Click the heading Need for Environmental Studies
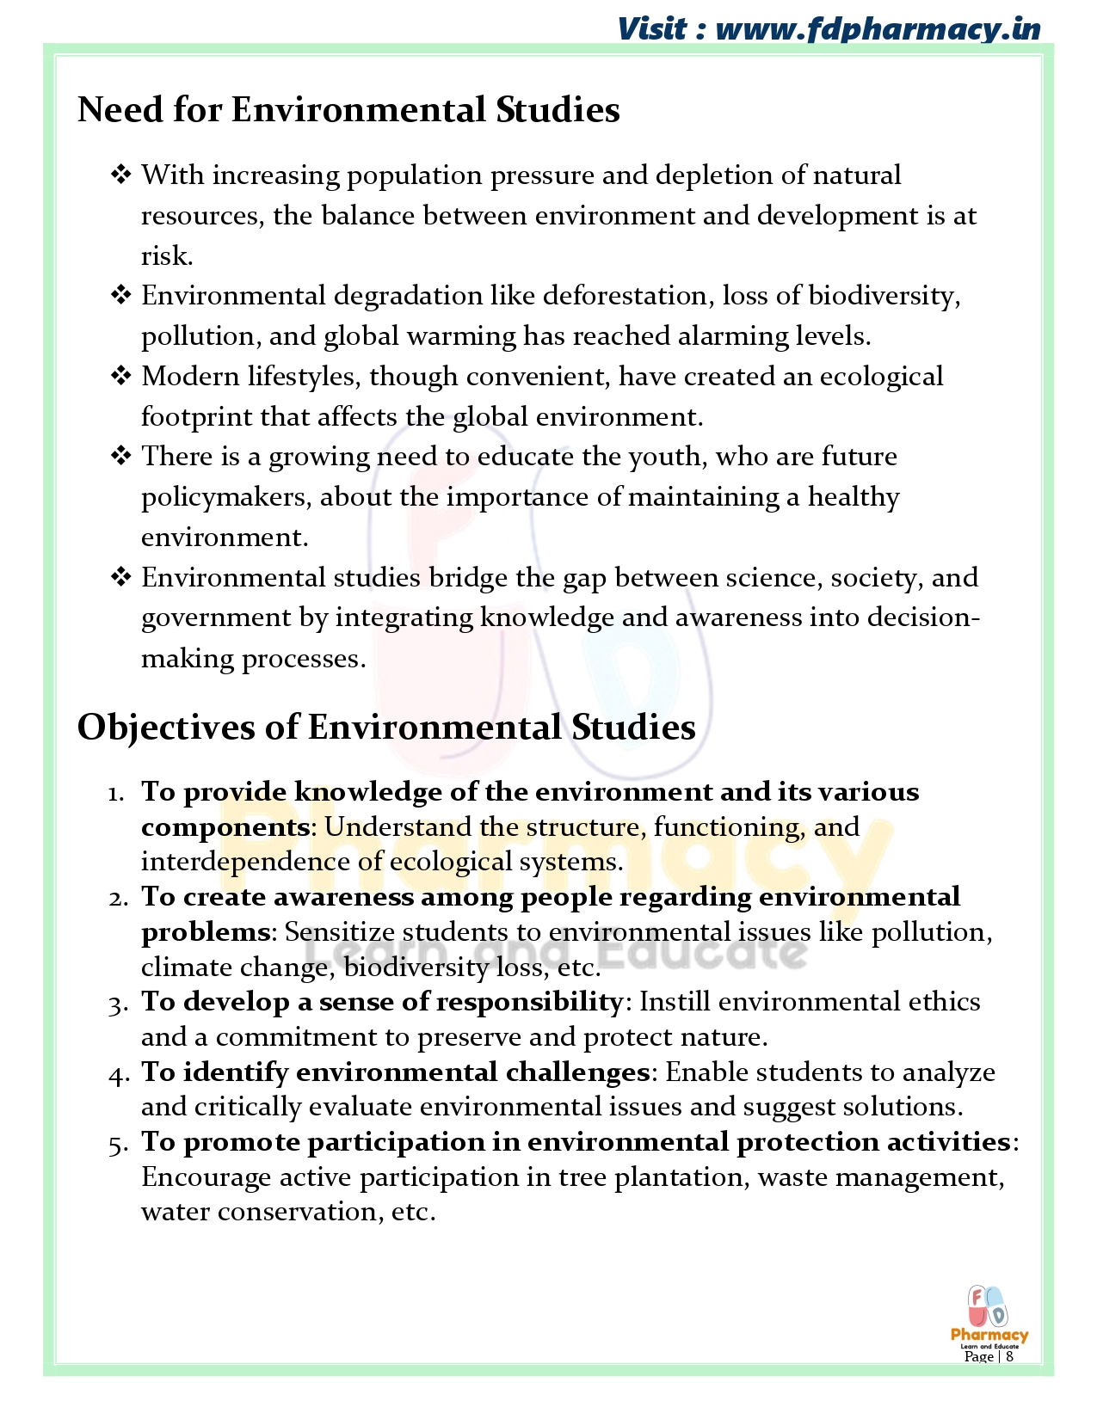[x=348, y=110]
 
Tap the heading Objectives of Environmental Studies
[x=386, y=728]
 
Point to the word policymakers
[x=226, y=497]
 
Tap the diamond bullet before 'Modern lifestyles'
[x=120, y=376]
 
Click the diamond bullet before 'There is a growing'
[x=120, y=456]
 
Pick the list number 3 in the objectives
[x=117, y=1004]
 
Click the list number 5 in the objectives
[x=117, y=1144]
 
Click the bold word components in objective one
[x=225, y=827]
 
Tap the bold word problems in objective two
[x=206, y=932]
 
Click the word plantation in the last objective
[x=681, y=1177]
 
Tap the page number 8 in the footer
[x=1009, y=1356]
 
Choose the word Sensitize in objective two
[x=340, y=932]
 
